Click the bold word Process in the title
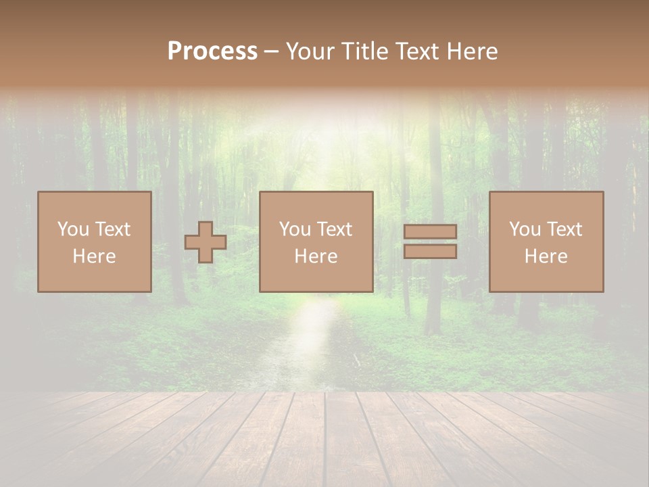coord(212,51)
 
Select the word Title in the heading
coord(366,51)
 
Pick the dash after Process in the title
coord(272,52)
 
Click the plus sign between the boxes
coord(206,242)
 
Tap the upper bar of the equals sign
coord(430,231)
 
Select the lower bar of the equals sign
coord(430,252)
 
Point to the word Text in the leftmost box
coord(112,229)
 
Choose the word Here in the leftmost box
coord(94,256)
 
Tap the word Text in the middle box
coord(334,229)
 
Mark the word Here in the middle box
coord(316,256)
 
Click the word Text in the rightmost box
coord(564,229)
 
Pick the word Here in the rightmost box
coord(546,256)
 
